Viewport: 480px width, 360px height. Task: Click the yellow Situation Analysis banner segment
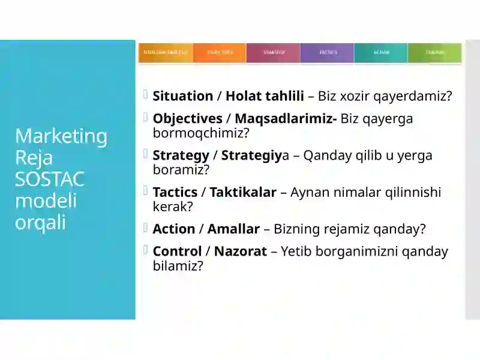coord(166,53)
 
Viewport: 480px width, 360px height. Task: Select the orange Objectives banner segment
coord(219,53)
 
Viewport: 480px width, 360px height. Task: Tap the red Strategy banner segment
coord(273,53)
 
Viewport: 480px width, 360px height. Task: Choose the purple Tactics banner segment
coord(327,53)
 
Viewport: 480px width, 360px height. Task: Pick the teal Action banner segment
coord(380,53)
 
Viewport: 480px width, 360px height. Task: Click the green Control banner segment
coord(434,53)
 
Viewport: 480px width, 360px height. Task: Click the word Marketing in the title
coord(61,136)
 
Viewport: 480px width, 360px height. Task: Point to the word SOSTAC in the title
coord(50,179)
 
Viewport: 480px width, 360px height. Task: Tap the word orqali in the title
coord(40,222)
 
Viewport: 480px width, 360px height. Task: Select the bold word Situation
coord(182,96)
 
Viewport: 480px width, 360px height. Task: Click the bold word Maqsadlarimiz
coord(285,118)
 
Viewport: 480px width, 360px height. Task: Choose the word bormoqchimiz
coord(200,133)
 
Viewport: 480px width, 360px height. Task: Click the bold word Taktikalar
coord(242,192)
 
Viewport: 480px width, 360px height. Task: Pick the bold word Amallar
coord(233,229)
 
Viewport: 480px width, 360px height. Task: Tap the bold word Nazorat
coord(240,251)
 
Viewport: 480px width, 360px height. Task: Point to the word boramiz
coord(181,170)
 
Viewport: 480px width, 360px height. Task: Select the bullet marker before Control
coord(146,250)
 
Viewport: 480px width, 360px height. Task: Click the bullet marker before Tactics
coord(146,191)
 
